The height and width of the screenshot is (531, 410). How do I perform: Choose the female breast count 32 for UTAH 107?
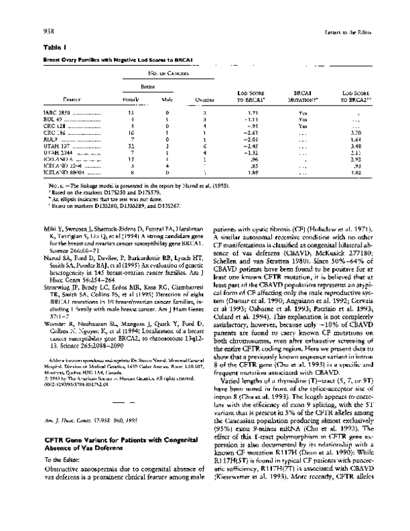point(130,145)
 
